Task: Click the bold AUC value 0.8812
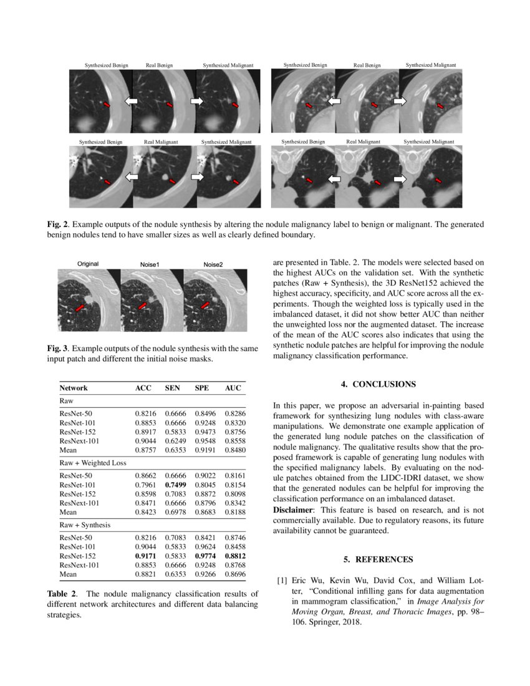[x=233, y=555]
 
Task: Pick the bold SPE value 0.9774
[x=205, y=555]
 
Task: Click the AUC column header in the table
[x=233, y=388]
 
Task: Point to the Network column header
[x=74, y=388]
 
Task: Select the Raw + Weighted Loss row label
[x=93, y=463]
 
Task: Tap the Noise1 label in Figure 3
[x=150, y=264]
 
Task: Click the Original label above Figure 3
[x=88, y=264]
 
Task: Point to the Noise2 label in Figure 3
[x=213, y=264]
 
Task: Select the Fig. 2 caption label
[x=57, y=223]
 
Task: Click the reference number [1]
[x=282, y=581]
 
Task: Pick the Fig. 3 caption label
[x=57, y=348]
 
